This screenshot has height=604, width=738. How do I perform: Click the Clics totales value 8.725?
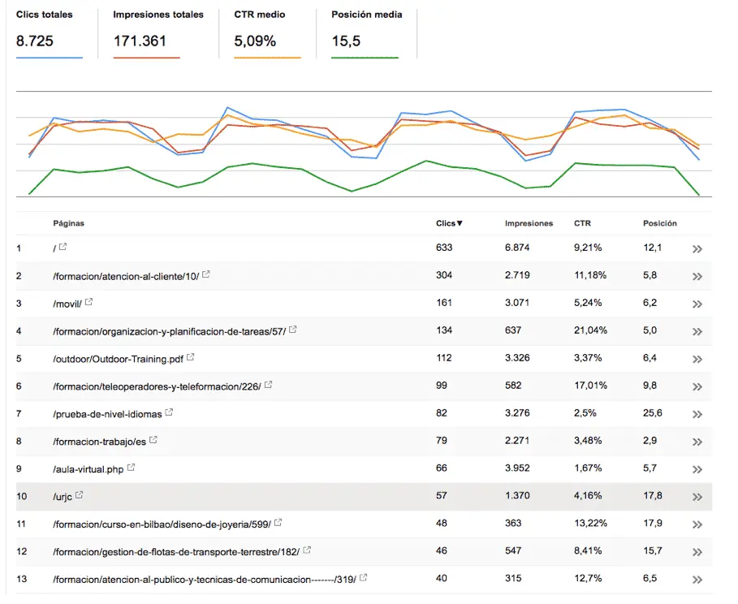pos(34,41)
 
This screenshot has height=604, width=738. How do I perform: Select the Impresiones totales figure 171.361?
pos(140,41)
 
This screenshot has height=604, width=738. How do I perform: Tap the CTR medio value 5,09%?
pos(254,41)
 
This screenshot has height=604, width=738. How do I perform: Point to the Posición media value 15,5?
pos(346,41)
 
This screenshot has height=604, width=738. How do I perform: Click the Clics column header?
pos(448,223)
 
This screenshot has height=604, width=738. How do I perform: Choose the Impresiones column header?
pos(529,223)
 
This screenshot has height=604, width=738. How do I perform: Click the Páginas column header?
pos(68,223)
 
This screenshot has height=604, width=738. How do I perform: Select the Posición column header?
pos(659,223)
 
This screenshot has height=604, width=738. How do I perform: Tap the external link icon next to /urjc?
pos(80,495)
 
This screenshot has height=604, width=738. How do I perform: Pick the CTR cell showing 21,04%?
pos(590,330)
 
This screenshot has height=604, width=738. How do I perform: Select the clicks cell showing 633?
pos(444,248)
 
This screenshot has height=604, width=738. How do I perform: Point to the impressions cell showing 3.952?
pos(518,468)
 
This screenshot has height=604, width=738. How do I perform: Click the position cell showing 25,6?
pos(653,413)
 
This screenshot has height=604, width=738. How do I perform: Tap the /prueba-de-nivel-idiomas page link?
pos(107,414)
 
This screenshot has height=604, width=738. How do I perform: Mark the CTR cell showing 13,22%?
pos(590,524)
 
